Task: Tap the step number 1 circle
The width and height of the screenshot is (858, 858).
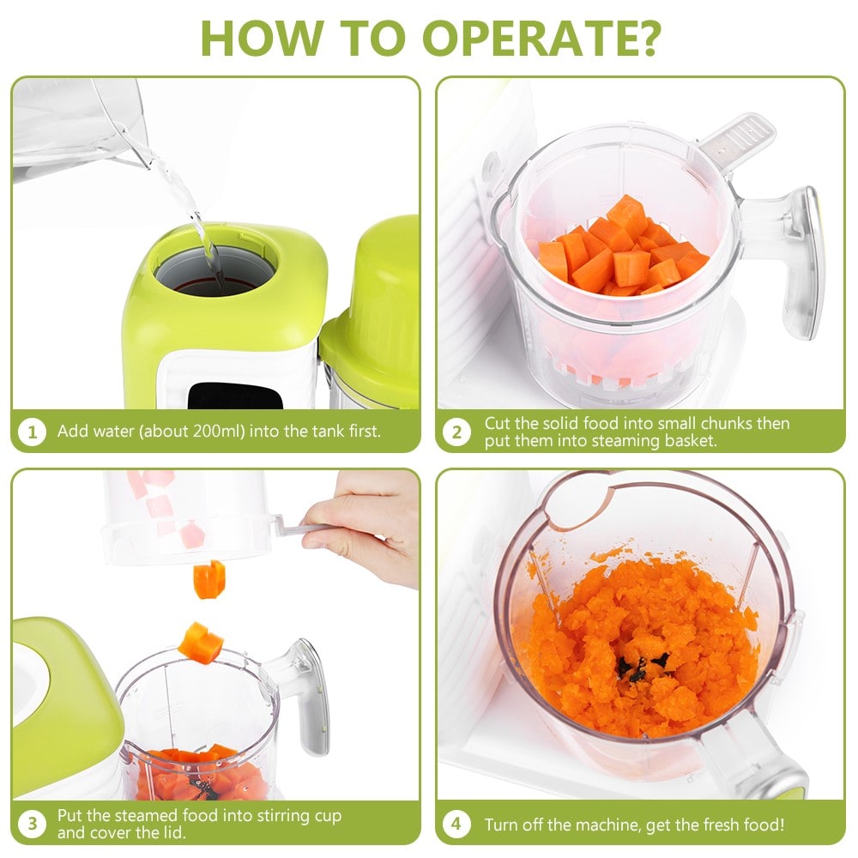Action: click(32, 432)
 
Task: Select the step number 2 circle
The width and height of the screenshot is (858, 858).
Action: click(456, 432)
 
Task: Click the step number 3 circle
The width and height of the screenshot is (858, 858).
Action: click(32, 825)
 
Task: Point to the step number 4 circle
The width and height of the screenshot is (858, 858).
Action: click(456, 825)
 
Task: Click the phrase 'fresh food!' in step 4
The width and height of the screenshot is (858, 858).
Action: click(742, 825)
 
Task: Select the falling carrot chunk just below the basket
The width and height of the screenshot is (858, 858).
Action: click(208, 579)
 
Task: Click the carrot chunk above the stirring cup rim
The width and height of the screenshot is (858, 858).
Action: click(201, 642)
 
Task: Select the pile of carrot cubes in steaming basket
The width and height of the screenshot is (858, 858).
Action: click(622, 249)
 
